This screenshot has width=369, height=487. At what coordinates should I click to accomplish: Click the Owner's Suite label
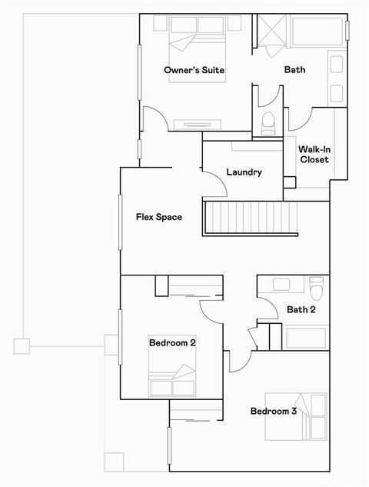194,71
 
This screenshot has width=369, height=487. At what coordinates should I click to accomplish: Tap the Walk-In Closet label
314,154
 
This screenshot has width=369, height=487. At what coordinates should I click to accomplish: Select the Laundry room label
244,172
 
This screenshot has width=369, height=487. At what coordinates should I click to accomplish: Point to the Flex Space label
159,217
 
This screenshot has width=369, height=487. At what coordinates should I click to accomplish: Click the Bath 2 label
300,310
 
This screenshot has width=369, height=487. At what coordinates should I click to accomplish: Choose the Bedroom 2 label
172,342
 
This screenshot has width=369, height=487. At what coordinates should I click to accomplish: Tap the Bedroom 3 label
274,411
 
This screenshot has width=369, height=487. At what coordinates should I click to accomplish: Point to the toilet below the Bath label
268,122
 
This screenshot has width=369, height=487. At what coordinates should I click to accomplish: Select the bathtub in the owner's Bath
317,32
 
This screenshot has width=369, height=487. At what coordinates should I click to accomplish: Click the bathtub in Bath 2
307,336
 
